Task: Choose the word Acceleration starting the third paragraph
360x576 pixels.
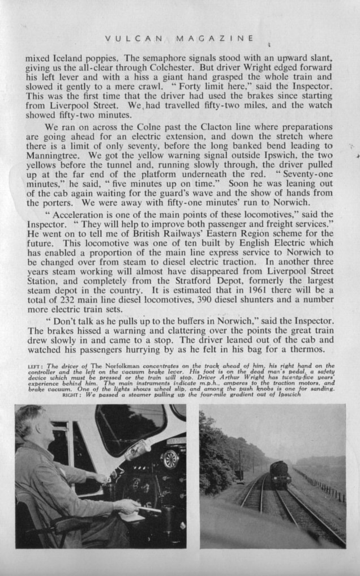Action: click(x=77, y=217)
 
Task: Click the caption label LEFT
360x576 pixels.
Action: click(x=36, y=366)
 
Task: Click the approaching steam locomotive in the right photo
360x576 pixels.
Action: click(x=280, y=473)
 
